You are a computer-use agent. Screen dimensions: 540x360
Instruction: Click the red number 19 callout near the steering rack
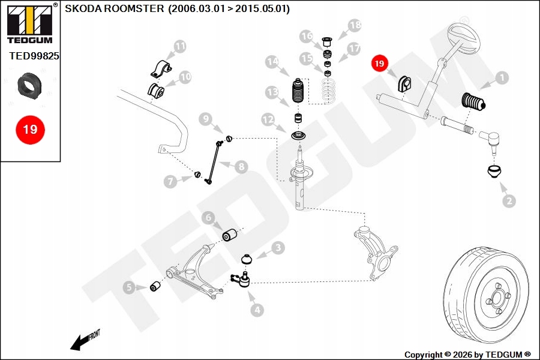click(379, 64)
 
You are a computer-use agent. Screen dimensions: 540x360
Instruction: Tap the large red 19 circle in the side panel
click(31, 130)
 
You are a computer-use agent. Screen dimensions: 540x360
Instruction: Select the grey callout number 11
click(180, 46)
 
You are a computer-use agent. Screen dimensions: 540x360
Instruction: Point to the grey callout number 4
click(257, 310)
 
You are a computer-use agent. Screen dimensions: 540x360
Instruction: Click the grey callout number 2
click(509, 201)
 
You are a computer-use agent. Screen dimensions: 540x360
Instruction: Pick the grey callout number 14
click(272, 62)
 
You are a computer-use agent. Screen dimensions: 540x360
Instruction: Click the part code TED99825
click(34, 56)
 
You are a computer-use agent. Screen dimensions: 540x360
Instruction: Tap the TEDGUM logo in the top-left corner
click(30, 23)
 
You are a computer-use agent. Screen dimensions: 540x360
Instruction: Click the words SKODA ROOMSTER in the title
click(115, 8)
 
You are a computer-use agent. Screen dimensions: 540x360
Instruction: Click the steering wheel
click(463, 38)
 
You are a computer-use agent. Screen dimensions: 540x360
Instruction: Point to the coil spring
click(328, 91)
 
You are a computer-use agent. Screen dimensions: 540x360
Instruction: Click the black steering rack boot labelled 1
click(473, 103)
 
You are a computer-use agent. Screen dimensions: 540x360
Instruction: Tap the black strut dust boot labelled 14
click(298, 91)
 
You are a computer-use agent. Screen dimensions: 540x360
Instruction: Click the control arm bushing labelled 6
click(229, 235)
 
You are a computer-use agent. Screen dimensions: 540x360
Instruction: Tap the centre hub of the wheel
click(497, 297)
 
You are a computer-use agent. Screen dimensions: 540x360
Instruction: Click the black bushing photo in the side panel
click(30, 85)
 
